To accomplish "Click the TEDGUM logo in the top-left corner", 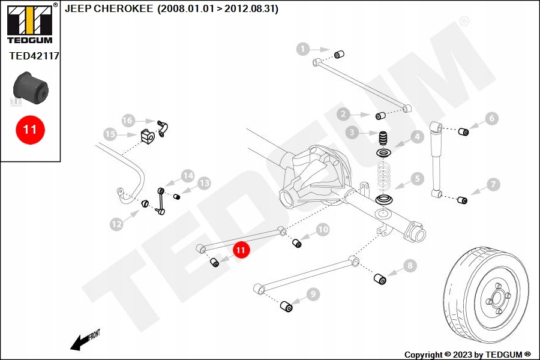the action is [x=31, y=23].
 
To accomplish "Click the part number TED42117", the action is [x=34, y=56].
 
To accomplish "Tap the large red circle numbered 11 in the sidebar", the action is [x=30, y=130].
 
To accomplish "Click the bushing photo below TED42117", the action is [x=31, y=88].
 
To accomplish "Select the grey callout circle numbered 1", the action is [x=303, y=49].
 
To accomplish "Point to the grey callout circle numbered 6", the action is [x=491, y=119].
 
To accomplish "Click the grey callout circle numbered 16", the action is [x=127, y=120].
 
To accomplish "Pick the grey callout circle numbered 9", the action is [x=313, y=294].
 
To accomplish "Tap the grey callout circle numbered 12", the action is [x=116, y=224].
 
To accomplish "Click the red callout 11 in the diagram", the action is [x=241, y=250].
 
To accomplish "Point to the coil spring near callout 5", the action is [x=383, y=176].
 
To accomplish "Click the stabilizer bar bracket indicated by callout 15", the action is [x=148, y=136].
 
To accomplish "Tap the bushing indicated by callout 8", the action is [x=380, y=279].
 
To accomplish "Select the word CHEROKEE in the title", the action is [x=123, y=8].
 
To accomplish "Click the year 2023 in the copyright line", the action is [x=463, y=355].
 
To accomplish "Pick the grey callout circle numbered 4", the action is [x=417, y=137].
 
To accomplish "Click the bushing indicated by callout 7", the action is [x=462, y=200].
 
